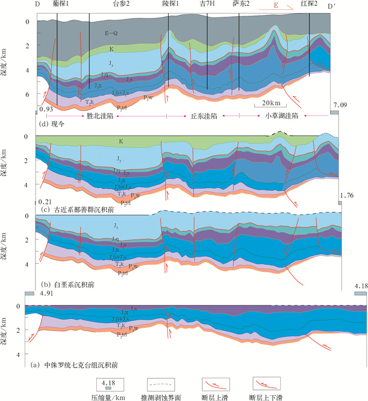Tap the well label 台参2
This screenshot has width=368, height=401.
[x=122, y=4]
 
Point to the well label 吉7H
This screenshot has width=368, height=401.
[x=208, y=4]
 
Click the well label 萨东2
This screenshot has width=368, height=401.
[x=241, y=4]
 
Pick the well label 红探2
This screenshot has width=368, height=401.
[x=309, y=4]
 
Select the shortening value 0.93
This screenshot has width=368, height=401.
[x=45, y=109]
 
